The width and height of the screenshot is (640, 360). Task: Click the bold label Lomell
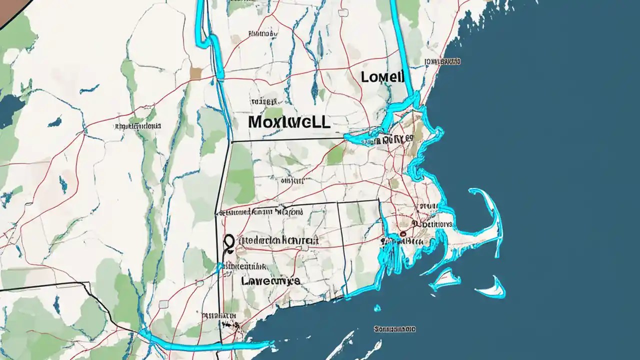[x=382, y=76]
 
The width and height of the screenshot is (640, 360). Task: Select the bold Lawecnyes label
[x=270, y=281]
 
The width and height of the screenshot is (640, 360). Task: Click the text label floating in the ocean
[x=394, y=329]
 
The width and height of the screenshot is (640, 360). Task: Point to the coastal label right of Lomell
[x=442, y=61]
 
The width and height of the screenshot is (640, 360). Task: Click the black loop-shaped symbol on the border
[x=229, y=243]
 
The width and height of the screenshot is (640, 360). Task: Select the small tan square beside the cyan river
[x=195, y=73]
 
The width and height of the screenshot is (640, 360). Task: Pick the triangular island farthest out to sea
[x=492, y=288]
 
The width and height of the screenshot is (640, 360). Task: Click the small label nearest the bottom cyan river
[x=219, y=316]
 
